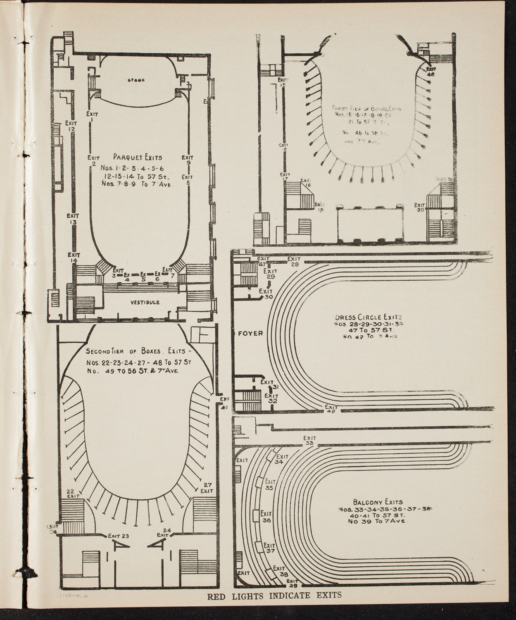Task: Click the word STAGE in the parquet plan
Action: point(136,80)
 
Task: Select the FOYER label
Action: point(250,333)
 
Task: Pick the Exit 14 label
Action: point(74,258)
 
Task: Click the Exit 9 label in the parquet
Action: point(188,160)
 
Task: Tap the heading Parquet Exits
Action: point(138,157)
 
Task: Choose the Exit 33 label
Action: point(309,440)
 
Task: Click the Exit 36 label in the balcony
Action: point(266,517)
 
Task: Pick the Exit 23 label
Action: point(119,536)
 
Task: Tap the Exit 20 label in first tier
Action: point(420,207)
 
